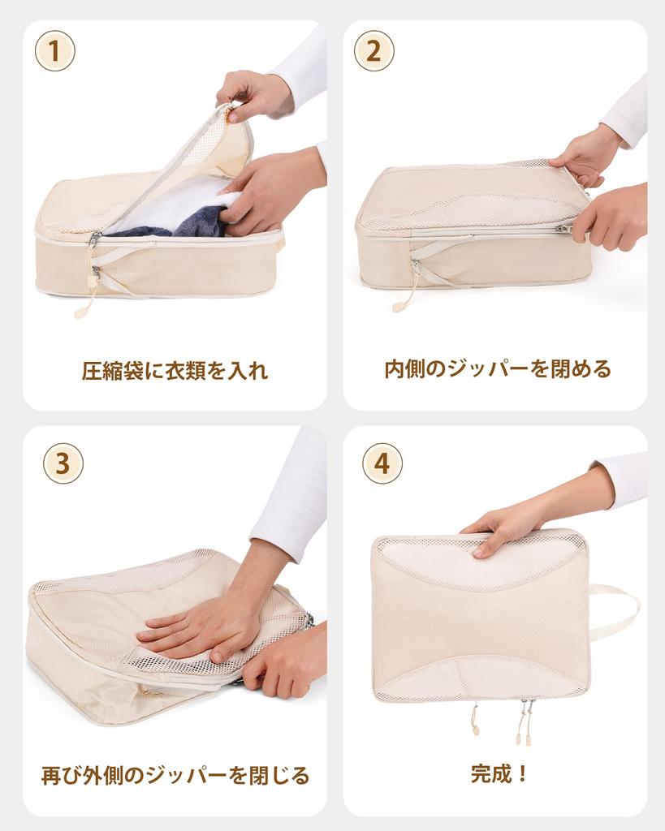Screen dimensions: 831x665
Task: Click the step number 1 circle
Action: (x=54, y=51)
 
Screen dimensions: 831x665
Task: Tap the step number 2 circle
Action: (x=374, y=51)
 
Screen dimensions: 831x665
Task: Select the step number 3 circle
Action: (x=63, y=463)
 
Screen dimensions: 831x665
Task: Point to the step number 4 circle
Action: (x=382, y=463)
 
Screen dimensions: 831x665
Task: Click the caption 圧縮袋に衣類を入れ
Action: (x=175, y=371)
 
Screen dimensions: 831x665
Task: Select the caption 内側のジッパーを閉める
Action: (x=497, y=369)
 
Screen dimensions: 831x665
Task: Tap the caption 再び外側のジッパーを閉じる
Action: (x=175, y=775)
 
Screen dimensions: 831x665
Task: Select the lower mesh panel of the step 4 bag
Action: (x=479, y=678)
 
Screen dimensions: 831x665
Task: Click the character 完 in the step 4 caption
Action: (x=481, y=773)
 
